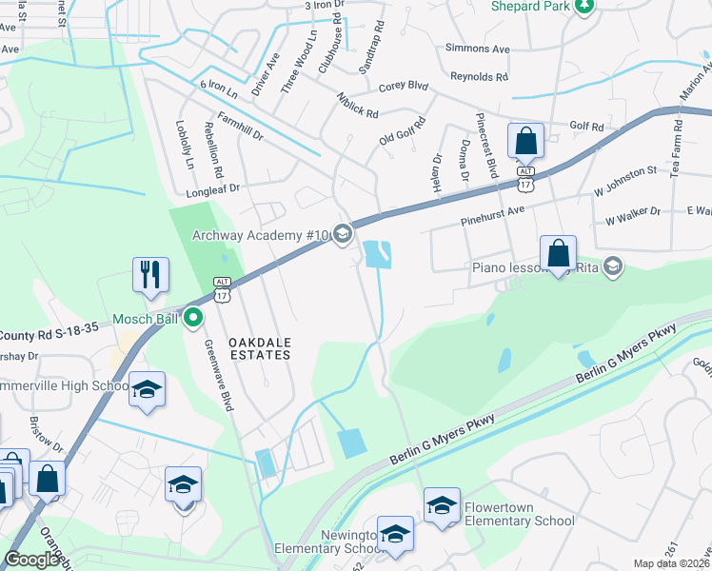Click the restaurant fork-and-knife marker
(x=150, y=275)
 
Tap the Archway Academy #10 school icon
(x=343, y=234)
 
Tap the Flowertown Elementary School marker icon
(x=443, y=506)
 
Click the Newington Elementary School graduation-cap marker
(x=395, y=534)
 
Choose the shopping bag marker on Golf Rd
(x=525, y=142)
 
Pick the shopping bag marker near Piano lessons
(x=559, y=254)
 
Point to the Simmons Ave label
(x=478, y=48)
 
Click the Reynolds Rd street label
(x=480, y=76)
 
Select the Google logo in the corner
(x=31, y=560)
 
